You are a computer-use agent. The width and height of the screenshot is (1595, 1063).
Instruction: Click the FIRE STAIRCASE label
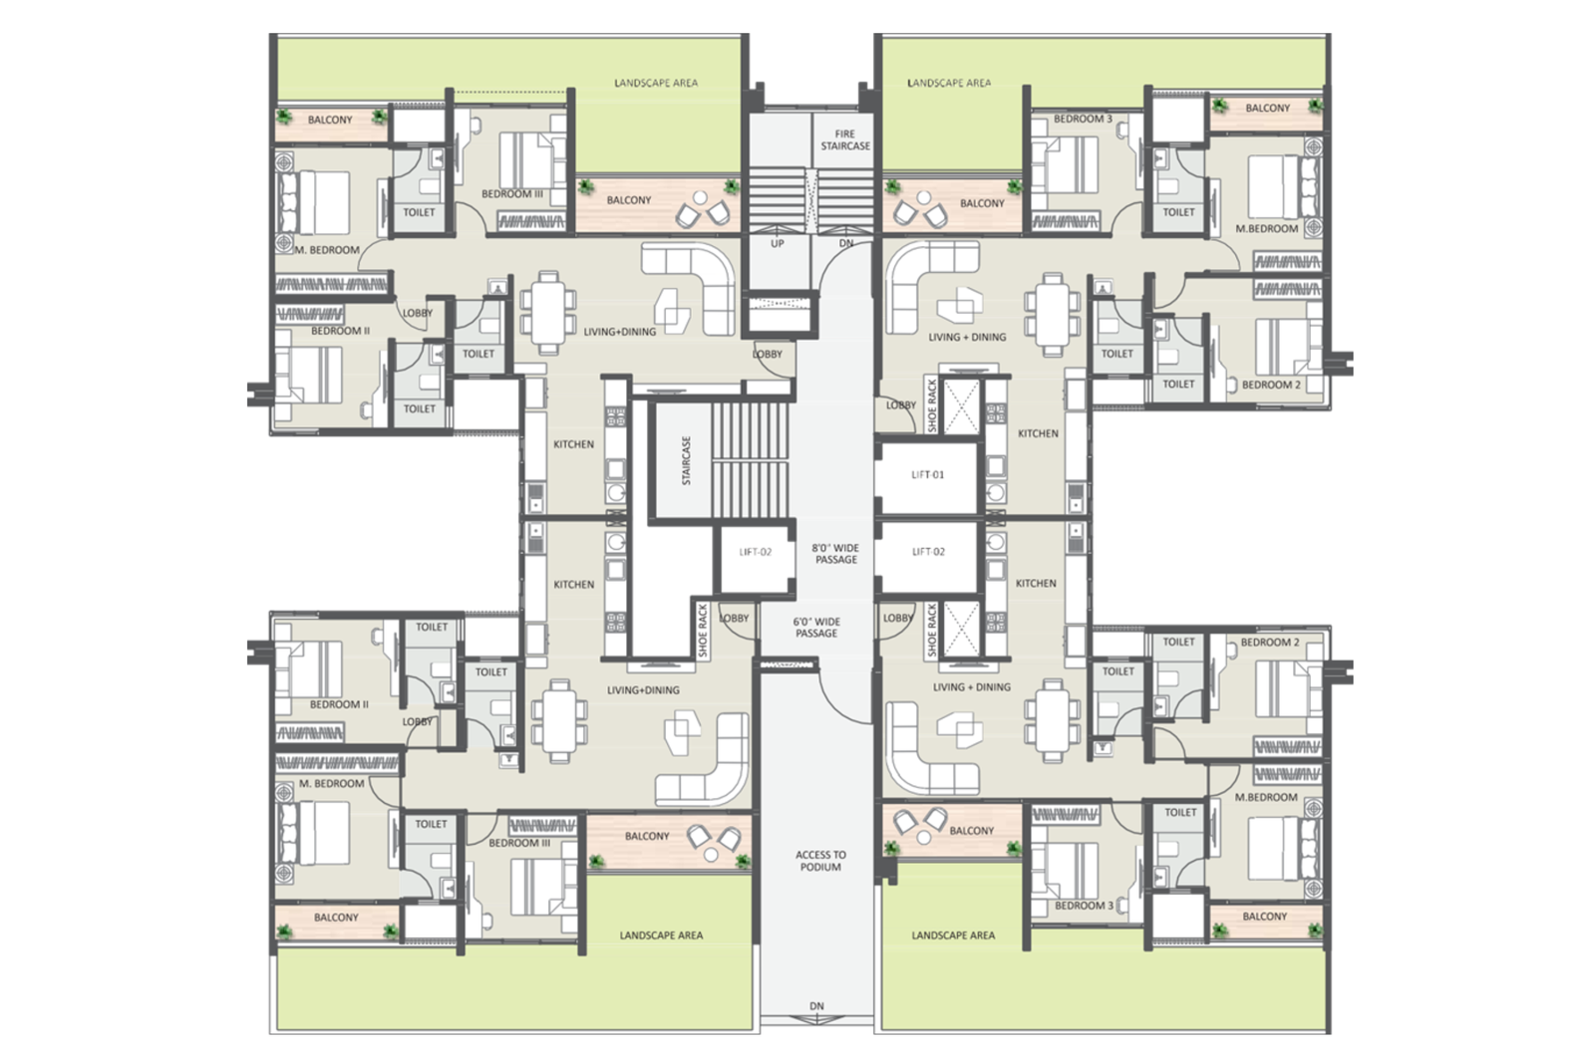point(845,139)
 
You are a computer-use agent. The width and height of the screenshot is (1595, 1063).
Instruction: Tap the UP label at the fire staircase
point(777,243)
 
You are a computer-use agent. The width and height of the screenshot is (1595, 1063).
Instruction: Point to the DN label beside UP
point(846,243)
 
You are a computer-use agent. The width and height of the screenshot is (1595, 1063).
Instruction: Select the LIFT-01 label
point(927,474)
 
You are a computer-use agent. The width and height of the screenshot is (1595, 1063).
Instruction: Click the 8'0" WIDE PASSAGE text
point(836,554)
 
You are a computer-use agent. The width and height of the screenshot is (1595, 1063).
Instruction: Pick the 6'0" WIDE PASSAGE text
point(816,627)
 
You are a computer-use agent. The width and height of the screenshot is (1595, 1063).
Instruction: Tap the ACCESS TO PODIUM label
point(821,861)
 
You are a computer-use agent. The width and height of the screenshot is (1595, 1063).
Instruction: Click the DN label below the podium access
point(816,1006)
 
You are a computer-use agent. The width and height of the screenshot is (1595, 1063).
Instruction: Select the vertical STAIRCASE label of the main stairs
point(686,461)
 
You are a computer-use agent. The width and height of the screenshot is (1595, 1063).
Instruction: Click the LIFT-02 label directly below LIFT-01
point(928,551)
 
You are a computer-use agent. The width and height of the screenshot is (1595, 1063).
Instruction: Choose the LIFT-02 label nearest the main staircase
point(756,551)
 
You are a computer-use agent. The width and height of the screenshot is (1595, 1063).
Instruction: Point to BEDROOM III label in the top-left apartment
point(512,193)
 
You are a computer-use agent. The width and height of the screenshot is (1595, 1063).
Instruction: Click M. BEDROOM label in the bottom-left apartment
point(331,783)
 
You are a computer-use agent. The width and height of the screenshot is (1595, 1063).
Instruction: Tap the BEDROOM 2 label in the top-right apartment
point(1271,385)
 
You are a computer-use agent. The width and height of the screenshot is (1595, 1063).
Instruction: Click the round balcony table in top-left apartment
point(701,197)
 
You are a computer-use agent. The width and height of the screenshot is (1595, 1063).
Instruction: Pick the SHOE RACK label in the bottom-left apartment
point(703,631)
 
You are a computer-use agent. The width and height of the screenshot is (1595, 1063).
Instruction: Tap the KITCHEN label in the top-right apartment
point(1038,433)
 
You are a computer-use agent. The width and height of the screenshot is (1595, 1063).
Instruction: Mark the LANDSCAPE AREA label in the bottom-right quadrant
point(953,934)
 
